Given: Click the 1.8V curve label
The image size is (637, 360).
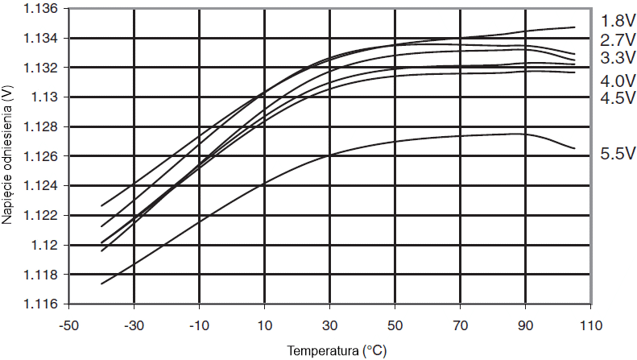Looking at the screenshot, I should point(617,20).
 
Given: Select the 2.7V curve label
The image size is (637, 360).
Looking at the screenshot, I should point(617,39).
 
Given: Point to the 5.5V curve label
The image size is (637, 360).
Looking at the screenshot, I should point(617,153).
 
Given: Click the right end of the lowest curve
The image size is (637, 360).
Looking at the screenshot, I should point(574,148).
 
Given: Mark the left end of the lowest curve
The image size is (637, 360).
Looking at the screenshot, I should point(101,284).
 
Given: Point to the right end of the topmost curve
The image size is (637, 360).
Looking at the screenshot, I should point(575,27).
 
